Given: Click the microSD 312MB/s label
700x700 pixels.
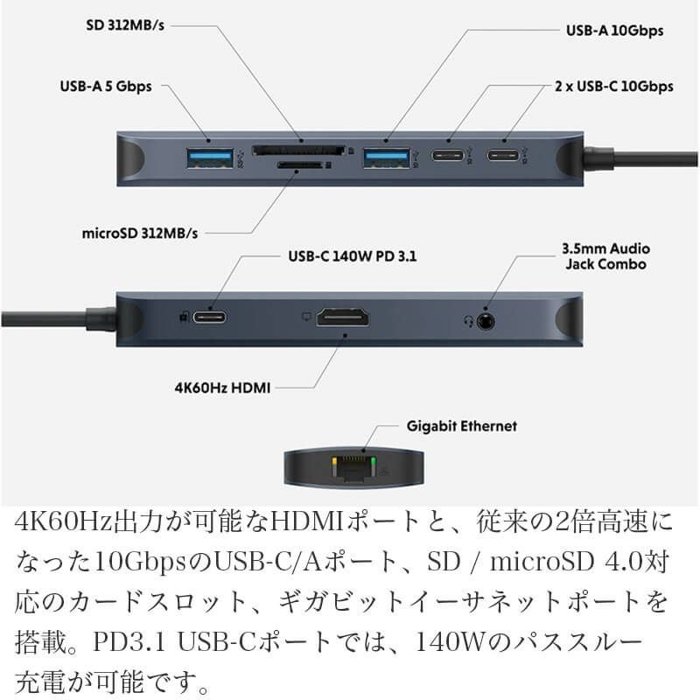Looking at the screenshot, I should pos(140,234).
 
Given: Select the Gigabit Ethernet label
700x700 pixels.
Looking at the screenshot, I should pos(462,426).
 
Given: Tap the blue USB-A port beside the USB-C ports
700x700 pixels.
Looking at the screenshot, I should pos(387,157).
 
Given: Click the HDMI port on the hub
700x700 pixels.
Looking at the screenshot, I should pos(342,318).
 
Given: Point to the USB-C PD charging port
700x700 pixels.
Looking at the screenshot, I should pos(210,318).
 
